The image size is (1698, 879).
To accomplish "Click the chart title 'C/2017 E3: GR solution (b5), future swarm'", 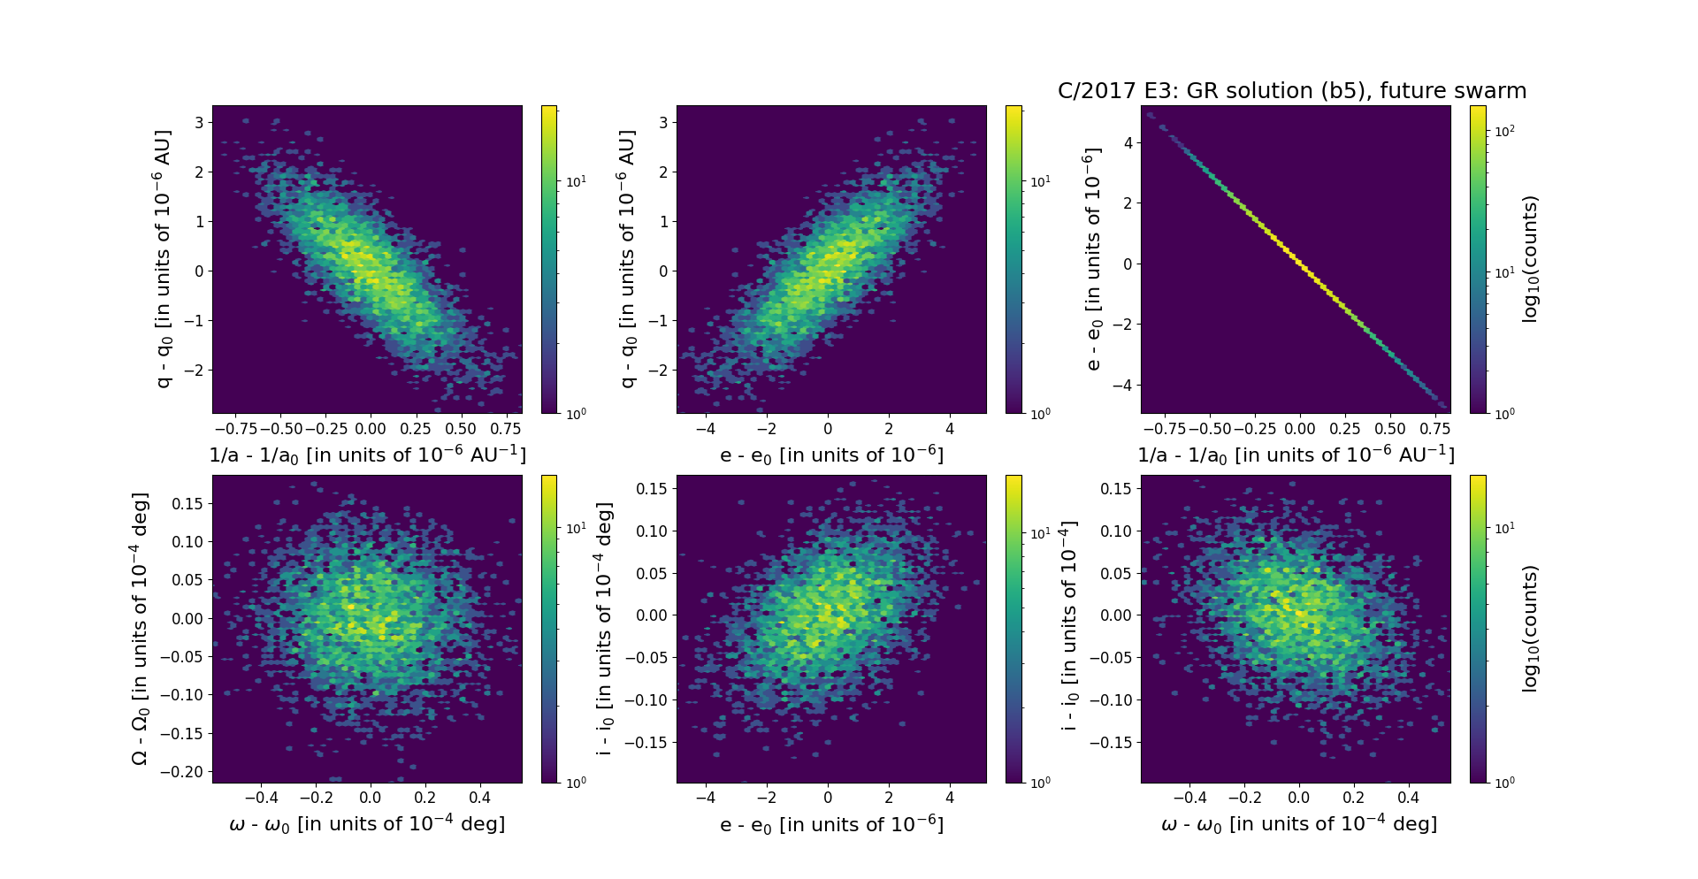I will point(1292,91).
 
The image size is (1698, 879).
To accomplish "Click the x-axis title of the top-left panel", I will point(367,455).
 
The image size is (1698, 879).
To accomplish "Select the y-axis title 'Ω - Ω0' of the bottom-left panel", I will point(140,629).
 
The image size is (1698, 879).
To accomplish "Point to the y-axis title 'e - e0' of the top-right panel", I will point(1092,259).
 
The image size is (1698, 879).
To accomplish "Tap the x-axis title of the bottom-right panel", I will point(1298,824).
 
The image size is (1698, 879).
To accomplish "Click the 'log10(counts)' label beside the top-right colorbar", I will point(1530,259).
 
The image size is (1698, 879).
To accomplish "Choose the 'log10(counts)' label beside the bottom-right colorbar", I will point(1530,629).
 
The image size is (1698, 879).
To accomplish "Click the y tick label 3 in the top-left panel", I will point(200,122).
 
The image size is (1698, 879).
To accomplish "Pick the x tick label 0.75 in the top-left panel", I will point(505,429).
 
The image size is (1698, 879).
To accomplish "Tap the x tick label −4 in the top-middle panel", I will point(705,429).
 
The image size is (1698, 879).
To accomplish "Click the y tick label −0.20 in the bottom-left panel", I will point(181,772).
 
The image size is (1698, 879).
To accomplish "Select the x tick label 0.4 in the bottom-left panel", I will point(479,798).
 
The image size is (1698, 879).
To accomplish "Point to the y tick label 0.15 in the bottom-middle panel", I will point(653,489).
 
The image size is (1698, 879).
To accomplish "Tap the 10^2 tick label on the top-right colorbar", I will point(1503,131).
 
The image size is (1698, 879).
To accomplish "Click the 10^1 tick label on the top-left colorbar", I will point(576,181).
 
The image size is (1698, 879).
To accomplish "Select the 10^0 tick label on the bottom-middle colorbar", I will point(1040,783).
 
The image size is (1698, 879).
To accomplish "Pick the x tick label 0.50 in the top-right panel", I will point(1390,429).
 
